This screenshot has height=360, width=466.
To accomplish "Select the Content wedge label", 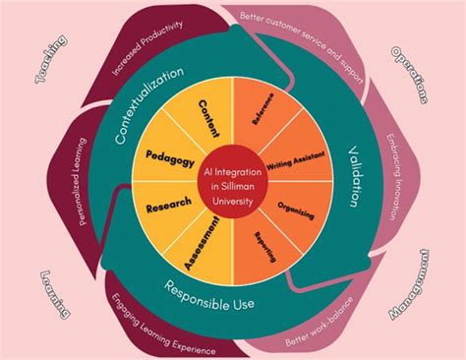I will [208, 117].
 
